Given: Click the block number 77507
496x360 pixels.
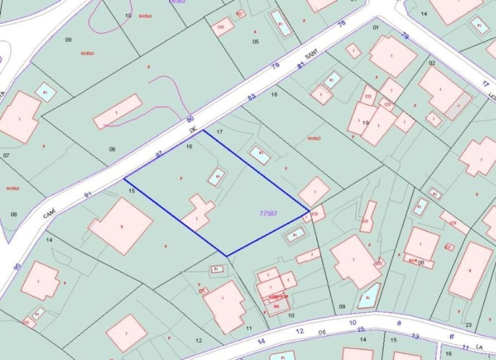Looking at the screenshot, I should pos(268,213).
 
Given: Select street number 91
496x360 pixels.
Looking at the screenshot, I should pos(88,195).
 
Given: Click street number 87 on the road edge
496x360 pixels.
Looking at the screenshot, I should pos(158,154).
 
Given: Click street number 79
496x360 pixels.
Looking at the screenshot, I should pos(405,37).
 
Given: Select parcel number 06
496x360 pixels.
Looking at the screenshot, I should pos(112,149).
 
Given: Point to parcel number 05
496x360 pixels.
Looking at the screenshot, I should pos(255,41).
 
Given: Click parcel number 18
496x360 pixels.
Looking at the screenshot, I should pos(274,95).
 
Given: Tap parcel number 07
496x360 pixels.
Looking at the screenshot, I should pos(6,156).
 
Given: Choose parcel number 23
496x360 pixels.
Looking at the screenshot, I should pos(469,325).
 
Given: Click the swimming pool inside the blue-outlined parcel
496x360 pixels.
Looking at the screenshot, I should pos(218,177).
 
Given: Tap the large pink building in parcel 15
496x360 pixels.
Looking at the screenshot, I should pos(121,226).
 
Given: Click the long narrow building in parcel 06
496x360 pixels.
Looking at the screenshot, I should pos(117,112).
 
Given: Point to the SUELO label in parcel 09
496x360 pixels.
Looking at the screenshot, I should pos(87,53).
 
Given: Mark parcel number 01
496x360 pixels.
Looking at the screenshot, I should pos(376,27).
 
